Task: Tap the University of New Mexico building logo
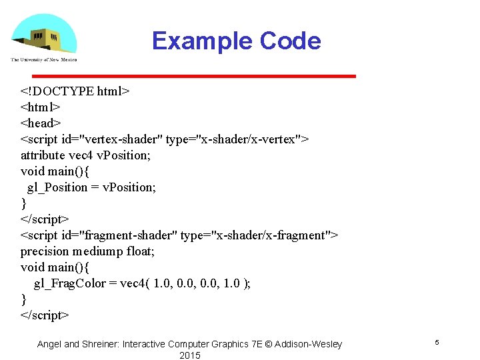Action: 43,37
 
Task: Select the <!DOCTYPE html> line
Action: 75,91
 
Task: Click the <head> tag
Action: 41,123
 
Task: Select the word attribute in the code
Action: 44,155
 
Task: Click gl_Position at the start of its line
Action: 57,187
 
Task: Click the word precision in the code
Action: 45,251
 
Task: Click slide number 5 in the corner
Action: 437,342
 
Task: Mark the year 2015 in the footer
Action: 189,355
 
